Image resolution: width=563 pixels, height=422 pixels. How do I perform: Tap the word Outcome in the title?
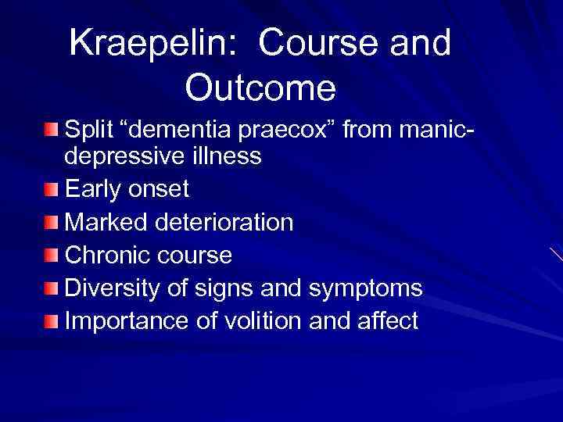point(260,88)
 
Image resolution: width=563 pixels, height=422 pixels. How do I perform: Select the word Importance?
point(125,320)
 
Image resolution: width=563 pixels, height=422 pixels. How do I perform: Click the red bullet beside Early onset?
point(51,190)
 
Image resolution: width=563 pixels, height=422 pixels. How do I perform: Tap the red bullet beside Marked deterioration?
point(51,223)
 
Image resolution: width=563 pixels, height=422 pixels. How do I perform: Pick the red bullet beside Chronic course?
point(51,256)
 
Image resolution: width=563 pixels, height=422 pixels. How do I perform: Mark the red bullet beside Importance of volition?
point(51,321)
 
